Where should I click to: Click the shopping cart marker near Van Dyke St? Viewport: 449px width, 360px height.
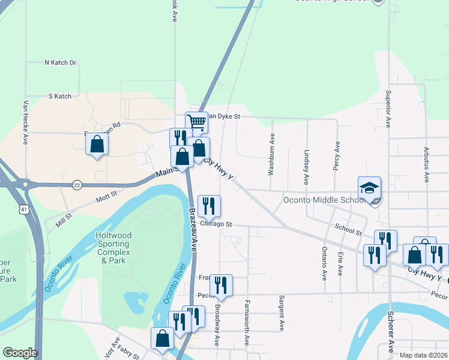197,122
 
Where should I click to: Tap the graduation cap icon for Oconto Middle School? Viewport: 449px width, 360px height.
370,187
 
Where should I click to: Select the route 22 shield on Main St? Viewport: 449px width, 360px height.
77,185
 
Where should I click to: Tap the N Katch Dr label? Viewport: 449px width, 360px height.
61,62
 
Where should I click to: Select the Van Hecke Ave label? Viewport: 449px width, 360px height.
26,121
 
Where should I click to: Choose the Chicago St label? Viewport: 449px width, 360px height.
215,224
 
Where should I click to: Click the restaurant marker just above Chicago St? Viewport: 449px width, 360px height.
209,206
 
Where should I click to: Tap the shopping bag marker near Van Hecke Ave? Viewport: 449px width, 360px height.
96,144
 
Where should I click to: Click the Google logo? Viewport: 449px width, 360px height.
19,353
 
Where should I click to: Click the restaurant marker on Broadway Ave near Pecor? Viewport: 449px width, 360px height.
221,286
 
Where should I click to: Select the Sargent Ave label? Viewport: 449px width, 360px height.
281,313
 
